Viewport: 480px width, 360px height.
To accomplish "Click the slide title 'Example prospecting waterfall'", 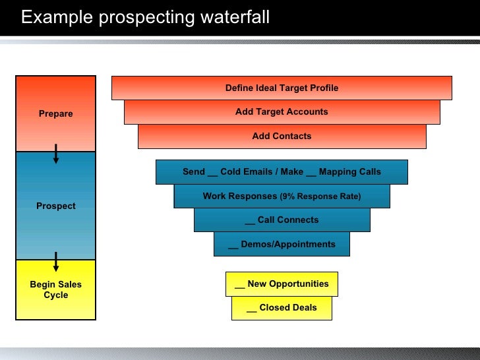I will (145, 17).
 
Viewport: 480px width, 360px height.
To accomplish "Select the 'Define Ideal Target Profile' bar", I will (282, 88).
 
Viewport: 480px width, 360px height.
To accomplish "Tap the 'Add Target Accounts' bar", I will (282, 112).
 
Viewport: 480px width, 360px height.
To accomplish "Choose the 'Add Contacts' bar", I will (282, 136).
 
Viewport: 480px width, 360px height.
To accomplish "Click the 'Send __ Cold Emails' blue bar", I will (282, 172).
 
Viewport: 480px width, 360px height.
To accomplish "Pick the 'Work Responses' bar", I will (282, 196).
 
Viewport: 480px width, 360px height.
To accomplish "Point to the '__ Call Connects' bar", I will (282, 220).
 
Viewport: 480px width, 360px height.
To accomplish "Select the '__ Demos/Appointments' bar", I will (282, 245).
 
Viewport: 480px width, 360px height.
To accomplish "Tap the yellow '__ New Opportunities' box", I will (282, 284).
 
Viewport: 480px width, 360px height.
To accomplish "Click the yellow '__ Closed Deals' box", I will (282, 308).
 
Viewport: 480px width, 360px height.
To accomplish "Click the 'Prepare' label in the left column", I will (56, 114).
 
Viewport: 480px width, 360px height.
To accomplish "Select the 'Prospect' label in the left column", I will (56, 206).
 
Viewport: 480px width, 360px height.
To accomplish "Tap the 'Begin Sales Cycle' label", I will (56, 290).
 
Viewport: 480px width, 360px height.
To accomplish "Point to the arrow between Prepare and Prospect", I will (56, 153).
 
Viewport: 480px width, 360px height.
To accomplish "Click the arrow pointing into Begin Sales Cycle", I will (56, 262).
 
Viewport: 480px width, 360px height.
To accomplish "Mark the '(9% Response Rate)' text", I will (320, 196).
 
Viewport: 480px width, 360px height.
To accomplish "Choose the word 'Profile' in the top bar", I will (323, 88).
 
